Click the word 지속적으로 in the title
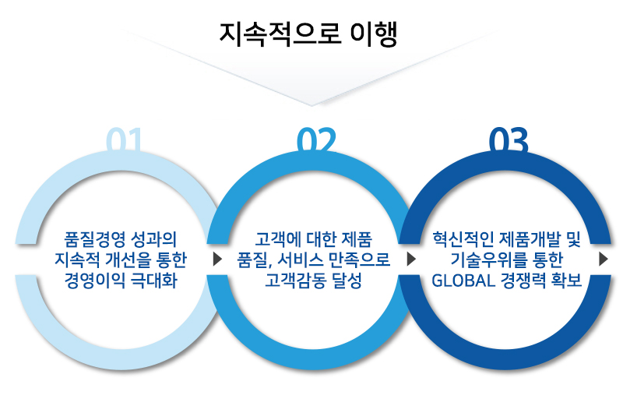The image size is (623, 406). [x=280, y=34]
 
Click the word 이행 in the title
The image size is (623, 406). [x=374, y=34]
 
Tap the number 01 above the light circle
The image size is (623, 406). [x=124, y=139]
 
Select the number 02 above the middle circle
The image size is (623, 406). [x=316, y=139]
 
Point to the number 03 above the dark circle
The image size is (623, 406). [x=509, y=139]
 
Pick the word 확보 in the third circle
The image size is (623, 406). [x=567, y=281]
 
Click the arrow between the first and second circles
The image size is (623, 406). [x=217, y=259]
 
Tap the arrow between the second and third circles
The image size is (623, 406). [x=411, y=259]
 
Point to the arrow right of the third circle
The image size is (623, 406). [x=604, y=259]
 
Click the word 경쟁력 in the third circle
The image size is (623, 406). [x=523, y=281]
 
